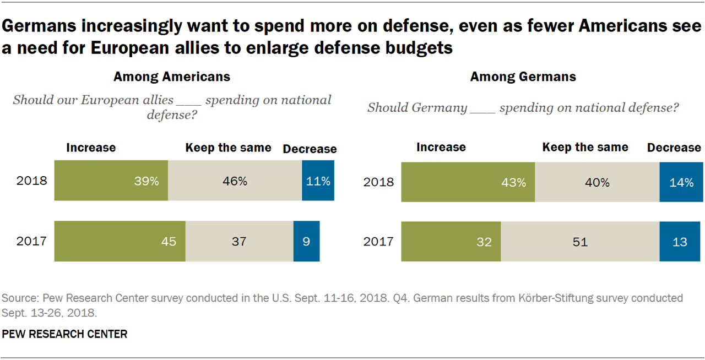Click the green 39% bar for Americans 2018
tap(111, 181)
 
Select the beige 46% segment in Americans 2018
tap(235, 181)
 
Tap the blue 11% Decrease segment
tap(318, 181)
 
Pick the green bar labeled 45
tap(120, 241)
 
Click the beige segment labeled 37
tap(239, 241)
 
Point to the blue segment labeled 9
tap(306, 241)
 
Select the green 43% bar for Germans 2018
tap(468, 182)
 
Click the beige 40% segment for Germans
tap(597, 182)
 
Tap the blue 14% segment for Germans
tap(681, 182)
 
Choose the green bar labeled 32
tap(451, 242)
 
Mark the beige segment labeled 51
tap(580, 242)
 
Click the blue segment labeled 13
tap(681, 242)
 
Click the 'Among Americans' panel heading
tap(172, 77)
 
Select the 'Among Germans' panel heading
tap(523, 77)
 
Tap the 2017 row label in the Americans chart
tap(32, 241)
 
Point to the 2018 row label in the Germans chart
tap(378, 182)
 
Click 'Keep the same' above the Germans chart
tap(585, 148)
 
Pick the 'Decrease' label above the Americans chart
tap(310, 149)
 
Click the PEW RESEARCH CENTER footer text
tap(65, 334)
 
